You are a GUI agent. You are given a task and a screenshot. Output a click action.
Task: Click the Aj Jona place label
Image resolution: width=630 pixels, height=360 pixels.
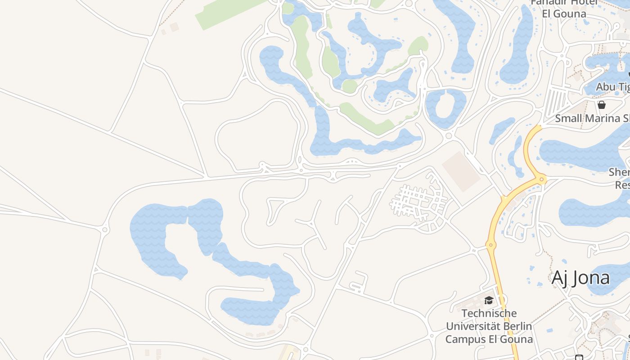point(580,278)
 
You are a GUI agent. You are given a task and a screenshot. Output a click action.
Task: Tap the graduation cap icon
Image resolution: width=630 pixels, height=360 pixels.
point(489,300)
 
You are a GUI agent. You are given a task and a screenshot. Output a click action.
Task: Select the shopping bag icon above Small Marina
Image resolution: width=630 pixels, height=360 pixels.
point(602,105)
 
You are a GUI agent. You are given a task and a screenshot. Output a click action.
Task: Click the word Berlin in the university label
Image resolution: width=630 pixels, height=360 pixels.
point(517,326)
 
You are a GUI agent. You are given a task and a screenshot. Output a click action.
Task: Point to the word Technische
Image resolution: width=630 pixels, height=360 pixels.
point(489,313)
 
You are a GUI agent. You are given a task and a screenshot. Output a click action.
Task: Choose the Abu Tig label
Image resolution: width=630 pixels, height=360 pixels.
point(612,86)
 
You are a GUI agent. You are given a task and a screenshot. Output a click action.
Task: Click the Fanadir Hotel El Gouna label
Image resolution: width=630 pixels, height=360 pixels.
point(564,8)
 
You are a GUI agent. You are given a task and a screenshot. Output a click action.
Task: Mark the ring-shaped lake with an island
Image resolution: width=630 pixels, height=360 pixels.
point(445,108)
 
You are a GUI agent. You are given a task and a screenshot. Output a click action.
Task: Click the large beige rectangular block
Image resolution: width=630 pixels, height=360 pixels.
point(461,171)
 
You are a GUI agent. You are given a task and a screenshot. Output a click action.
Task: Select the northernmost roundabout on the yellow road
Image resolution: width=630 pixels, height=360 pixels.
point(542,179)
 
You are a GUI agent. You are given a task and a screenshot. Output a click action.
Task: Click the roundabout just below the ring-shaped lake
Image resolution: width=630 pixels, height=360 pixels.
point(448,136)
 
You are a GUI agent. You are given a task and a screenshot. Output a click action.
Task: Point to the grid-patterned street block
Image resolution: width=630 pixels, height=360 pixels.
point(418,202)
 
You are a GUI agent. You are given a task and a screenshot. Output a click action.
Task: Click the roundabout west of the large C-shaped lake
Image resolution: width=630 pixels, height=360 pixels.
point(105,229)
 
